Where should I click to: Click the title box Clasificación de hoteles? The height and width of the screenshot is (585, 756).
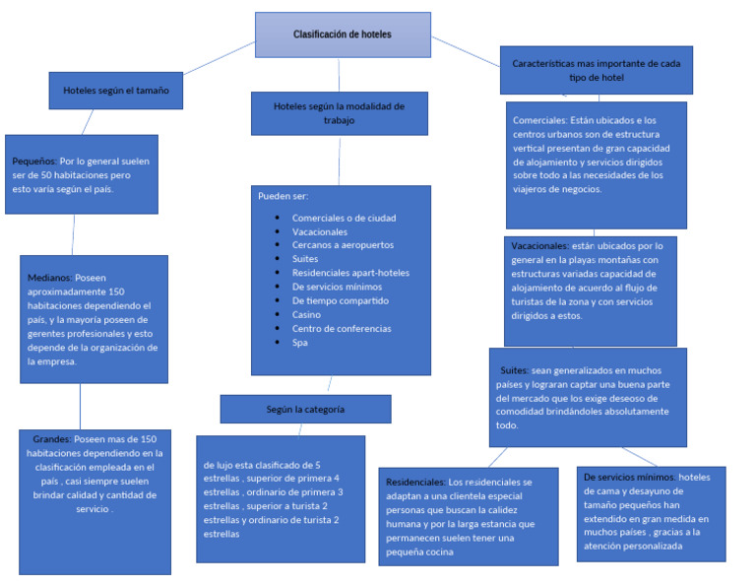pyautogui.click(x=343, y=34)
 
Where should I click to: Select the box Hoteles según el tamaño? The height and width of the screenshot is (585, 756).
pyautogui.click(x=116, y=90)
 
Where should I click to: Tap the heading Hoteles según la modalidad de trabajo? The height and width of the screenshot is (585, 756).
pyautogui.click(x=339, y=112)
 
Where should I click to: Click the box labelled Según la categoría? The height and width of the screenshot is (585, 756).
pyautogui.click(x=305, y=409)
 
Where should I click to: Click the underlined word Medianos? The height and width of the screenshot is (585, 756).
pyautogui.click(x=49, y=278)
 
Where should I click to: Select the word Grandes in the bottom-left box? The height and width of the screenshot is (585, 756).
pyautogui.click(x=51, y=439)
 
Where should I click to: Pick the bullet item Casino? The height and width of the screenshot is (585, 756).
pyautogui.click(x=308, y=314)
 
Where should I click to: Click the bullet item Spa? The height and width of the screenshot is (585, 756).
pyautogui.click(x=300, y=343)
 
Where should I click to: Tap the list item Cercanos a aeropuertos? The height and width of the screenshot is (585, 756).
pyautogui.click(x=343, y=245)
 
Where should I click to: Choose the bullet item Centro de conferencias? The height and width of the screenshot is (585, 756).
pyautogui.click(x=342, y=329)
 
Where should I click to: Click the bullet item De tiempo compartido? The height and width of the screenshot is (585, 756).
pyautogui.click(x=341, y=300)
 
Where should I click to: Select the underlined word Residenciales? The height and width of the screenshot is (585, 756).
pyautogui.click(x=415, y=483)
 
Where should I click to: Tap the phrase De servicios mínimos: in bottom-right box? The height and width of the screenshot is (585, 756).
pyautogui.click(x=629, y=477)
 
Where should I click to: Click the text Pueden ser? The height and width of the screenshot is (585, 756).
pyautogui.click(x=283, y=196)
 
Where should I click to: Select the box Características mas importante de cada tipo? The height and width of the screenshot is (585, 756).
pyautogui.click(x=596, y=70)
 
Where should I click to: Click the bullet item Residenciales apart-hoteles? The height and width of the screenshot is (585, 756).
pyautogui.click(x=350, y=273)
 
